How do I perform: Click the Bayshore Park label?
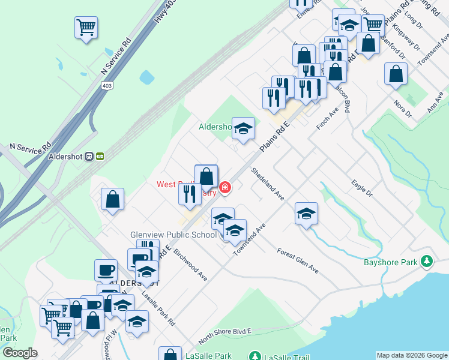tap(390, 262)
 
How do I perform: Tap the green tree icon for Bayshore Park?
tap(427, 262)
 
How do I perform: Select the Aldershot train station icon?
tap(95, 156)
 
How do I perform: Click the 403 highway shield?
tap(107, 68)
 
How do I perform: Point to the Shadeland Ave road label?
tap(268, 184)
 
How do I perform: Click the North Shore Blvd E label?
tap(224, 335)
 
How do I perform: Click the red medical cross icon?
tap(225, 188)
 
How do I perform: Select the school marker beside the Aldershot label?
tap(243, 128)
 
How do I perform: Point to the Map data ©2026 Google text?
tap(411, 355)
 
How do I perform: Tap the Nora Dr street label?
tap(402, 107)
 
